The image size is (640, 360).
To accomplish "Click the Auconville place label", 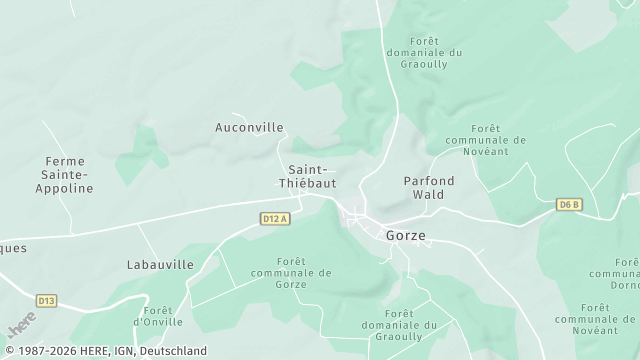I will click(249, 128).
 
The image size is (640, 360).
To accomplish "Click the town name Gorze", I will click(405, 236).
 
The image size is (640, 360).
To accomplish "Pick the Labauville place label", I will click(160, 265).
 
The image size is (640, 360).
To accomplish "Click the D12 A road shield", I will click(274, 218).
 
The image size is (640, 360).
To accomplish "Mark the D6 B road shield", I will click(569, 205).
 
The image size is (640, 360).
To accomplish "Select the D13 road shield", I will click(46, 299).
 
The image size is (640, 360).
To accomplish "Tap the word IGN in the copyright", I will click(122, 351).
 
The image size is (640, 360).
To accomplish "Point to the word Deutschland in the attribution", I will click(173, 351).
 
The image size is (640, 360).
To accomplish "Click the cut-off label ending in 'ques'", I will click(13, 248).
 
